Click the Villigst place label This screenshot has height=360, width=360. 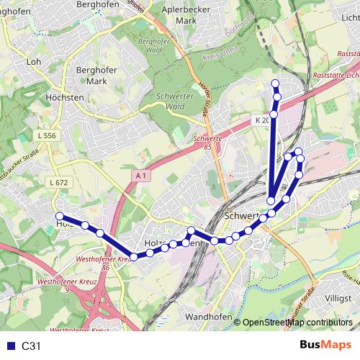[x=337, y=297]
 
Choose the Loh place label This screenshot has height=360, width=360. [x=33, y=63]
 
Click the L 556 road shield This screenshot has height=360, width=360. [x=46, y=135]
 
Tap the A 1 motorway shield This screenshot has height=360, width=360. [x=140, y=175]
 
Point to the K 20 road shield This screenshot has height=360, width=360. [x=261, y=120]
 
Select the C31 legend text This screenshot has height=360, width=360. [x=32, y=346]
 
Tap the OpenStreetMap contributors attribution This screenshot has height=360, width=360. [x=297, y=323]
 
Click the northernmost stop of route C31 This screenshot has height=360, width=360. [x=275, y=84]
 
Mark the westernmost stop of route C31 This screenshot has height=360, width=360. [x=60, y=216]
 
